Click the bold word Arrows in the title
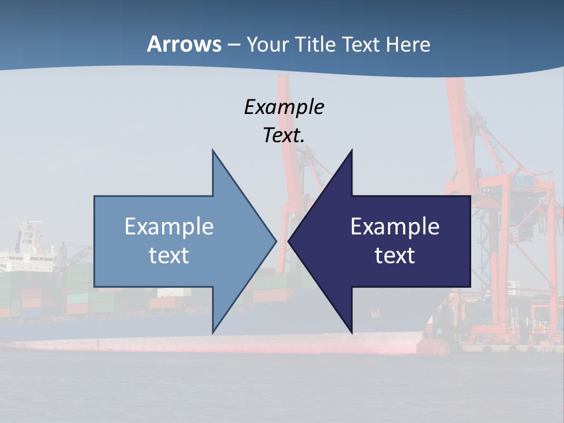pyautogui.click(x=184, y=44)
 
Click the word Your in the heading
pyautogui.click(x=267, y=45)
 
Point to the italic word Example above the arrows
pyautogui.click(x=284, y=107)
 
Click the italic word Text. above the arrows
pyautogui.click(x=284, y=135)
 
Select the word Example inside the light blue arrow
pyautogui.click(x=169, y=226)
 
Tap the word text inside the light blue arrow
pyautogui.click(x=169, y=255)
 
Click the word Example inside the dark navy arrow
pyautogui.click(x=395, y=226)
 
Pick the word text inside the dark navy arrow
pyautogui.click(x=395, y=255)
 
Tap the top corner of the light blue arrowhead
pyautogui.click(x=213, y=151)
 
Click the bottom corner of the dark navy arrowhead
pyautogui.click(x=351, y=332)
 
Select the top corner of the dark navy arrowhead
pyautogui.click(x=351, y=151)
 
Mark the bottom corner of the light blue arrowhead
pyautogui.click(x=213, y=332)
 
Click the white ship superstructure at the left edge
pyautogui.click(x=26, y=241)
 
